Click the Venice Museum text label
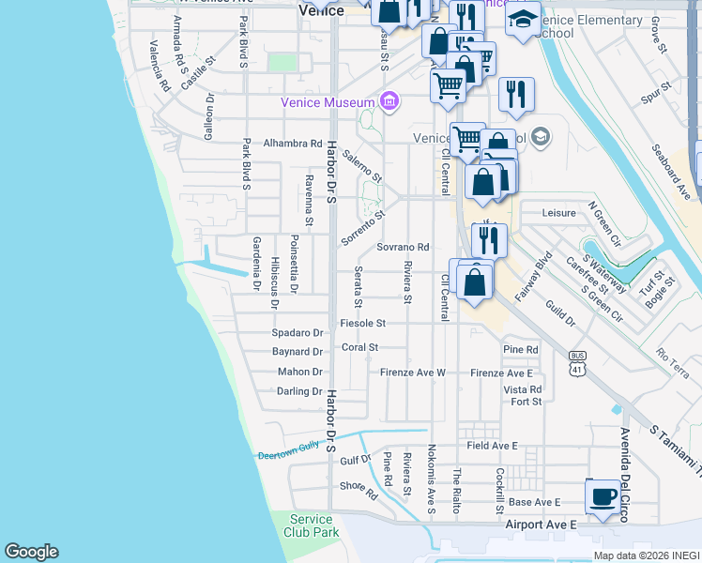[328, 102]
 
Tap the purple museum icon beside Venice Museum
[388, 101]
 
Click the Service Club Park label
[311, 525]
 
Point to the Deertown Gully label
[290, 452]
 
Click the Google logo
[31, 552]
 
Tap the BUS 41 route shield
[578, 363]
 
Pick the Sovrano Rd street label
[403, 248]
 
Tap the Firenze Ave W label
[412, 373]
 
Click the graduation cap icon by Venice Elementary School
[523, 19]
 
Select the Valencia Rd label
[159, 66]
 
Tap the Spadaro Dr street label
[297, 333]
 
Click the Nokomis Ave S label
[432, 479]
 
